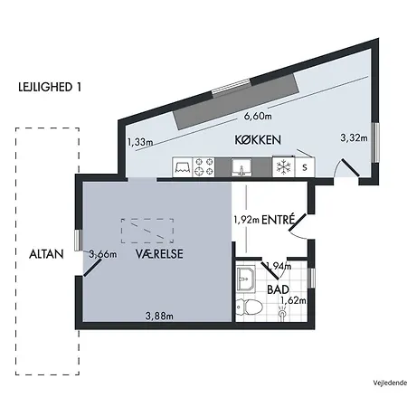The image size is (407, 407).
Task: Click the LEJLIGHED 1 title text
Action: coord(50,87)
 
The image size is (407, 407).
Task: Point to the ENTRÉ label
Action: coord(279,219)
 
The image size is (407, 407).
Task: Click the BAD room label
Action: coord(277,289)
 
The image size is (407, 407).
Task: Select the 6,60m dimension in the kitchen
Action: coord(260,117)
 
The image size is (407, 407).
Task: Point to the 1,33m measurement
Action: coord(140,142)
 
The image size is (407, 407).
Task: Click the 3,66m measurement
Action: coord(102,254)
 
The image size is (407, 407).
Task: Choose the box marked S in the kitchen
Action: coord(305,167)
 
